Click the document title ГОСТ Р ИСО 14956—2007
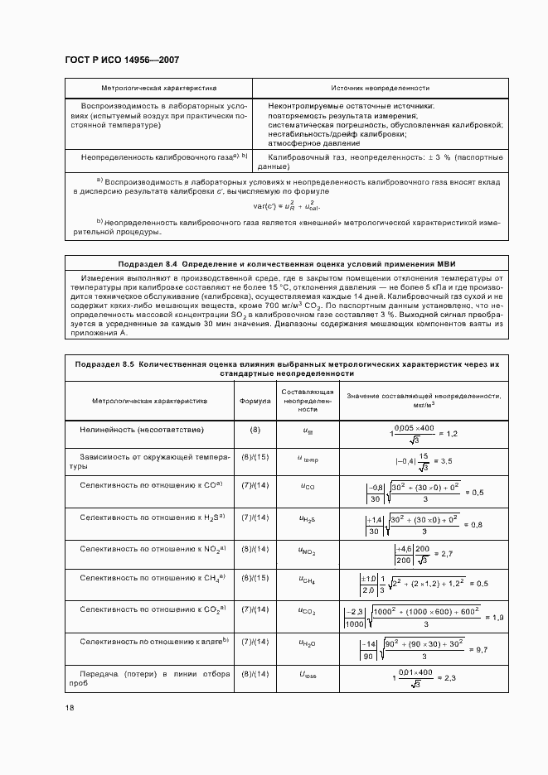point(122,60)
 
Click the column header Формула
point(255,401)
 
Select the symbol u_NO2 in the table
point(308,550)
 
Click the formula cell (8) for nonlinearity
point(255,430)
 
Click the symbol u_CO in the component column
point(308,487)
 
